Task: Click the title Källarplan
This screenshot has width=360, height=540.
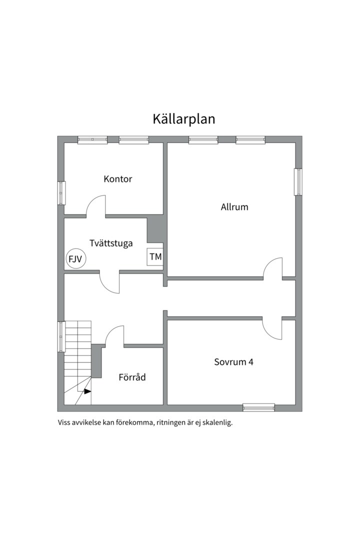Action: point(183,119)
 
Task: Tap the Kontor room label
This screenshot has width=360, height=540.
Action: point(118,179)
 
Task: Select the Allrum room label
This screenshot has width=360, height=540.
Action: point(234,206)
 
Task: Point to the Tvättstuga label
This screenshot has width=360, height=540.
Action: point(111,243)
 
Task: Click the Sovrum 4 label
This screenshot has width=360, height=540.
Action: point(233,362)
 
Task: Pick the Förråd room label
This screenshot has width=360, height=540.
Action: point(132,377)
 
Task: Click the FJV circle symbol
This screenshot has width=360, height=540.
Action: point(75,259)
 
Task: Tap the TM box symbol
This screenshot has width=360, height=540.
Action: point(155,257)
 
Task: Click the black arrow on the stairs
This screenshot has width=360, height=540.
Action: point(87,391)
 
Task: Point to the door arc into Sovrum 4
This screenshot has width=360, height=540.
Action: point(272,329)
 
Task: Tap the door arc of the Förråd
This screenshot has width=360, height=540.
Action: point(115,334)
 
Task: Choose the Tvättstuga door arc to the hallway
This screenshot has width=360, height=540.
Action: point(109,283)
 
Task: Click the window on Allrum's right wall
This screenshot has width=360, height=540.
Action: point(298,181)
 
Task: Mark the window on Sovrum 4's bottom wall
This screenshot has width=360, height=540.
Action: point(258,407)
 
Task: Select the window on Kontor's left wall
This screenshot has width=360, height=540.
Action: point(61,193)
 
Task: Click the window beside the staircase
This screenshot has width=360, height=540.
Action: point(61,336)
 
